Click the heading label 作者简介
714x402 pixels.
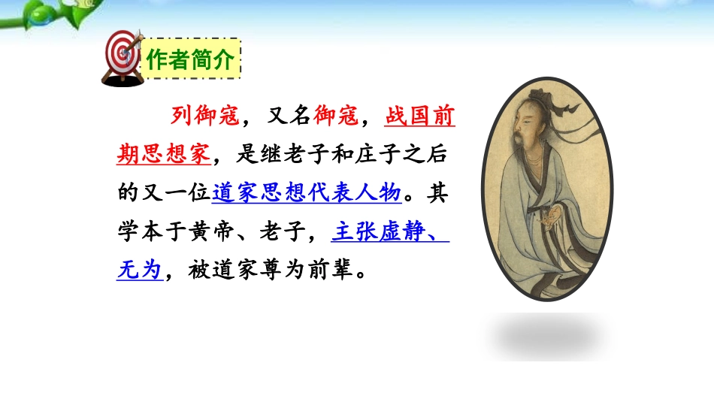[191, 58]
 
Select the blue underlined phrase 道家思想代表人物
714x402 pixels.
[306, 193]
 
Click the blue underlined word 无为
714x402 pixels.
[140, 270]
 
